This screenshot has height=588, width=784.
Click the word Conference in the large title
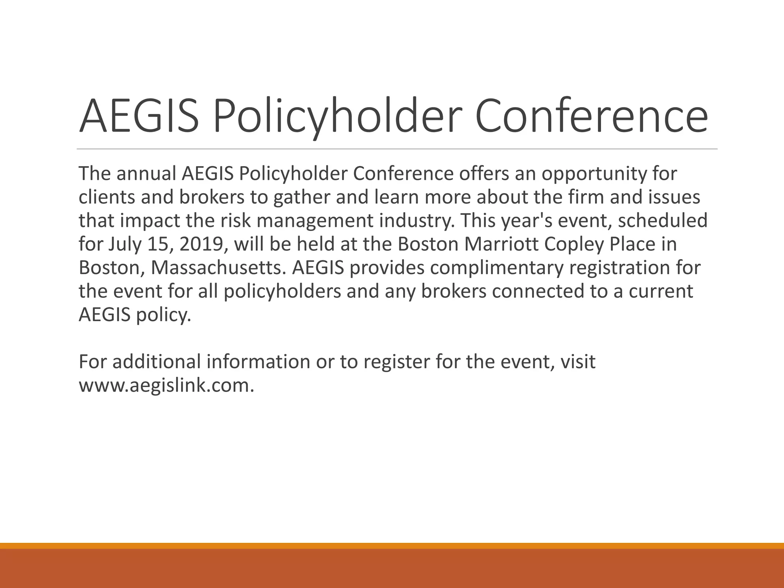(x=591, y=116)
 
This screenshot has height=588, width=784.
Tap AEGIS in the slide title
(x=139, y=116)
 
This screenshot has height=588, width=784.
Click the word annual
(x=146, y=174)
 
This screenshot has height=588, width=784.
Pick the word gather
(x=297, y=198)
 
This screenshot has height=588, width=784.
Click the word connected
(x=538, y=291)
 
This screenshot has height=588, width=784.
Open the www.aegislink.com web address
(x=166, y=385)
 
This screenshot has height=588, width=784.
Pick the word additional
(x=157, y=362)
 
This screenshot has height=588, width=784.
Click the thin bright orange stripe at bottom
(x=392, y=546)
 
